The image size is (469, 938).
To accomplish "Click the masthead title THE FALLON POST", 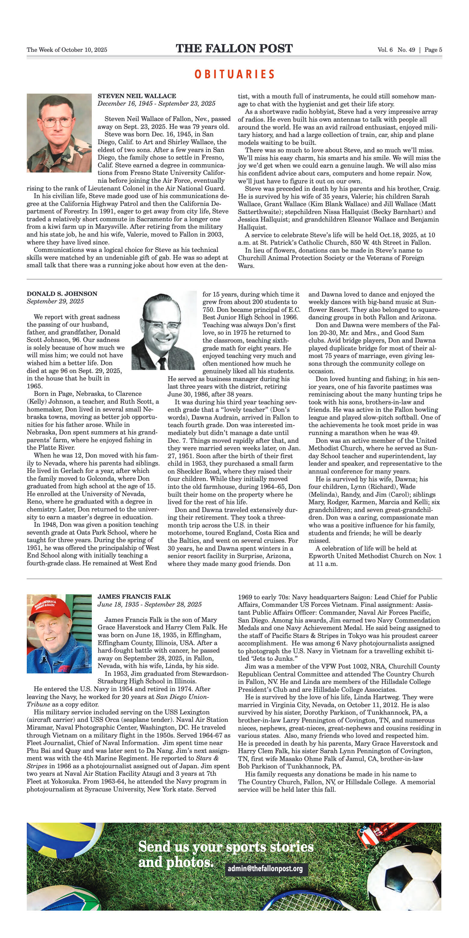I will [234, 48].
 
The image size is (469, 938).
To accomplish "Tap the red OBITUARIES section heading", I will [234, 74].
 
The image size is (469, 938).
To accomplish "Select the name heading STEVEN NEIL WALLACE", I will [137, 96].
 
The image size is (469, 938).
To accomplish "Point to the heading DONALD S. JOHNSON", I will [62, 294].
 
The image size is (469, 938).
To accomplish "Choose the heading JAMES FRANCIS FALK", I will [134, 596].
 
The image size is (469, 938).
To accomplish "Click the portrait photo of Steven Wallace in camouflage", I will [59, 133].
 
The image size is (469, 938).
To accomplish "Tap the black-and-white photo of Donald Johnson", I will [164, 330].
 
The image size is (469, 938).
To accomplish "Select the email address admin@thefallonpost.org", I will [265, 869].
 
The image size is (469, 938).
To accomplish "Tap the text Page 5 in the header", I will [433, 50].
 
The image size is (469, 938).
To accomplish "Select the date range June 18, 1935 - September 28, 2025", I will [149, 604].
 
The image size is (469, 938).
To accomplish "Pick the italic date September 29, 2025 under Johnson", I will [55, 302].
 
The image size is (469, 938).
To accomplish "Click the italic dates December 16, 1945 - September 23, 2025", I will [156, 104].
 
